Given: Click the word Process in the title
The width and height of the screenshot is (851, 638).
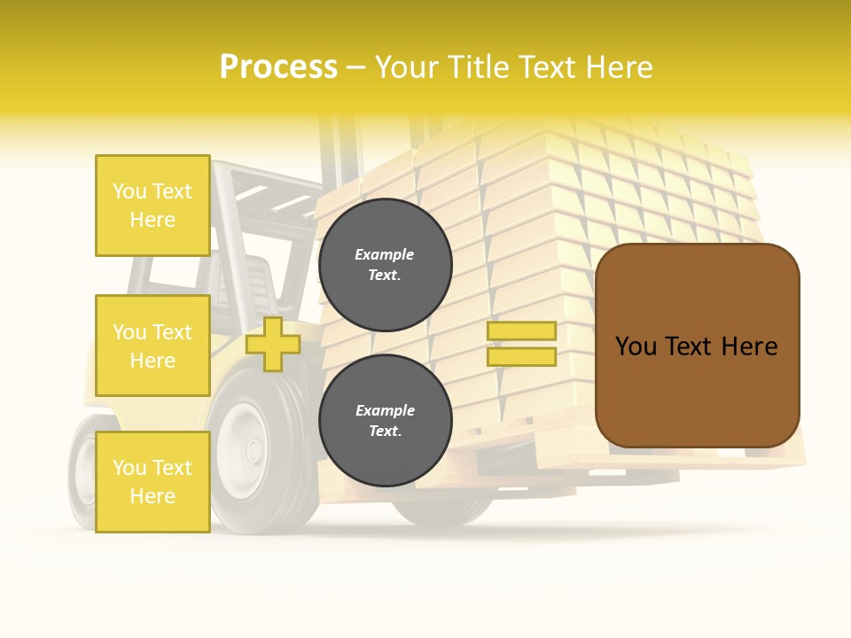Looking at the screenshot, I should pos(278,67).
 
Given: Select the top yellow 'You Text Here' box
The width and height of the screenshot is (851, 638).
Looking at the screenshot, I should pos(152,206).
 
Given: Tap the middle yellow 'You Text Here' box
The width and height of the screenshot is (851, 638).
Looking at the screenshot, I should pos(152,346).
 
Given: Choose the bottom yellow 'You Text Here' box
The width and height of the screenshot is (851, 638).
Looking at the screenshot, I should pos(152,481).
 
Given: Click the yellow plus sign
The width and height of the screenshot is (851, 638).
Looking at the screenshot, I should pos(272,344).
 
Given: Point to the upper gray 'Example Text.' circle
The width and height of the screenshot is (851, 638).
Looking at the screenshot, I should pos(385,264).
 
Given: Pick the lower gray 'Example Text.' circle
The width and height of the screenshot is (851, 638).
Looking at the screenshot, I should pos(385,420).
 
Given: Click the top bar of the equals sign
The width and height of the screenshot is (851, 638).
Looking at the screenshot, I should pos(521,331).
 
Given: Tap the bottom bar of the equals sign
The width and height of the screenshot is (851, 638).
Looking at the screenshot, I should pos(521,356).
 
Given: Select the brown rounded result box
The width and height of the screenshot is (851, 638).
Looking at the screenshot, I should pos(697,346).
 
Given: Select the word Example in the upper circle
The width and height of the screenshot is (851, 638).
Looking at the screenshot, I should pos(385,254).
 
